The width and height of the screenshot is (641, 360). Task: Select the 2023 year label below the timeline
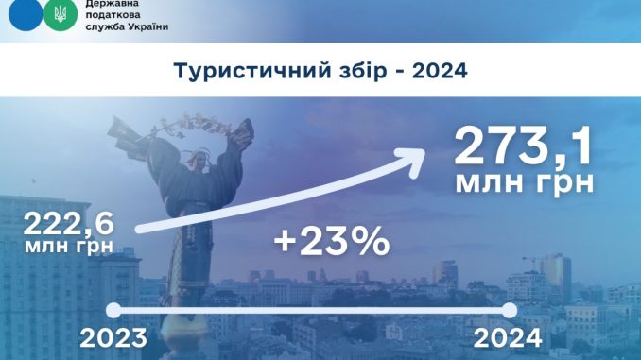pyautogui.click(x=113, y=335)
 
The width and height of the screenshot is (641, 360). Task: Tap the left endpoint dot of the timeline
pyautogui.click(x=113, y=310)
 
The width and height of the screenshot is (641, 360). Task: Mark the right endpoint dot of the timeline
pyautogui.click(x=511, y=310)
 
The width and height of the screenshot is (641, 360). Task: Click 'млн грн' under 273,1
pyautogui.click(x=525, y=182)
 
